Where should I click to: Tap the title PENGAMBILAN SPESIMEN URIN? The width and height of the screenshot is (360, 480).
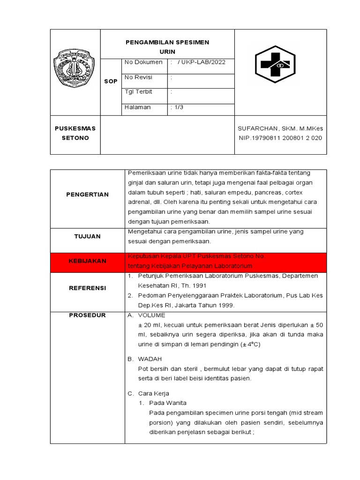pyautogui.click(x=167, y=46)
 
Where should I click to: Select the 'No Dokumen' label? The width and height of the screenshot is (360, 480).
pyautogui.click(x=143, y=62)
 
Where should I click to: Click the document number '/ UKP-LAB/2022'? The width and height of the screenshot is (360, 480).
pyautogui.click(x=201, y=62)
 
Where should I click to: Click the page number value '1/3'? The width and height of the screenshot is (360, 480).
pyautogui.click(x=179, y=107)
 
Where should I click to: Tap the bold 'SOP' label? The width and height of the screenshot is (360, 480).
pyautogui.click(x=111, y=82)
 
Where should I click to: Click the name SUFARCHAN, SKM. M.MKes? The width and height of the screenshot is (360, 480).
pyautogui.click(x=280, y=128)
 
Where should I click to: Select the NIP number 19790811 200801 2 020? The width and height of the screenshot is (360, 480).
pyautogui.click(x=280, y=138)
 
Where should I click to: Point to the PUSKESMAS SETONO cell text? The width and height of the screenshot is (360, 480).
pyautogui.click(x=75, y=133)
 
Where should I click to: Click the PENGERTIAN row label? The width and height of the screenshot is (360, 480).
pyautogui.click(x=87, y=195)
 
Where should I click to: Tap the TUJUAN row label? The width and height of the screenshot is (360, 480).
pyautogui.click(x=87, y=237)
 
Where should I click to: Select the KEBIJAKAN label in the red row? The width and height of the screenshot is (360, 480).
pyautogui.click(x=87, y=261)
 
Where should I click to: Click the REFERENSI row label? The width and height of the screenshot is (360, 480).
pyautogui.click(x=87, y=288)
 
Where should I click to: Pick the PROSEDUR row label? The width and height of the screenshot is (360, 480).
pyautogui.click(x=87, y=315)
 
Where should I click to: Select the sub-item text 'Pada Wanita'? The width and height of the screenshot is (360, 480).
pyautogui.click(x=167, y=403)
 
